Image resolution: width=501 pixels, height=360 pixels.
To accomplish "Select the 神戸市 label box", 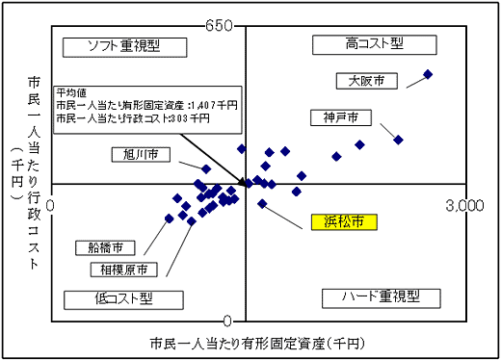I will click(341, 117).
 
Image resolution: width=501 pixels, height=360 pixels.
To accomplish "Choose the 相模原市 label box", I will click(119, 270).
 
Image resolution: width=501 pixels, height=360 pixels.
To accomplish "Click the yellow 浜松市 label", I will click(342, 222).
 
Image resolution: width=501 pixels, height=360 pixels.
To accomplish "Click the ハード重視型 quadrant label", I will click(379, 297).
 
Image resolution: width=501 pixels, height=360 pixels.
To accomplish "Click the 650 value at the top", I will click(220, 25).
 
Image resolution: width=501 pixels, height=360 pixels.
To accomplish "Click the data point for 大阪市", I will click(428, 74).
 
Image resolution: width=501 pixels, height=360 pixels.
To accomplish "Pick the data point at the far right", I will click(428, 74).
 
